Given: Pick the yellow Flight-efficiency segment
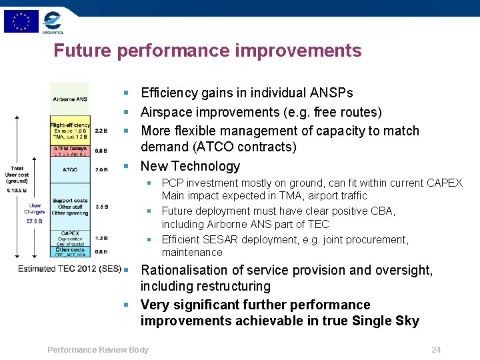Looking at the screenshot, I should pyautogui.click(x=70, y=131).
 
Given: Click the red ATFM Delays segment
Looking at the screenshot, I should pyautogui.click(x=70, y=151).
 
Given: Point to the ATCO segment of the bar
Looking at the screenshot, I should pyautogui.click(x=70, y=170).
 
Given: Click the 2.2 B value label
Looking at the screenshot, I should pyautogui.click(x=101, y=131).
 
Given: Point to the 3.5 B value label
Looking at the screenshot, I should pyautogui.click(x=101, y=207).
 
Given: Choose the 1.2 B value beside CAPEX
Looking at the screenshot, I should pyautogui.click(x=101, y=238).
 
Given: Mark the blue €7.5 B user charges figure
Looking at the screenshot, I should pyautogui.click(x=35, y=221).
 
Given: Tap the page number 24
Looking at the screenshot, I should pyautogui.click(x=436, y=349).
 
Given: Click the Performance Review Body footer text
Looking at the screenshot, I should pyautogui.click(x=98, y=349).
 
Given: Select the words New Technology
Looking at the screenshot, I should pyautogui.click(x=190, y=166).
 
